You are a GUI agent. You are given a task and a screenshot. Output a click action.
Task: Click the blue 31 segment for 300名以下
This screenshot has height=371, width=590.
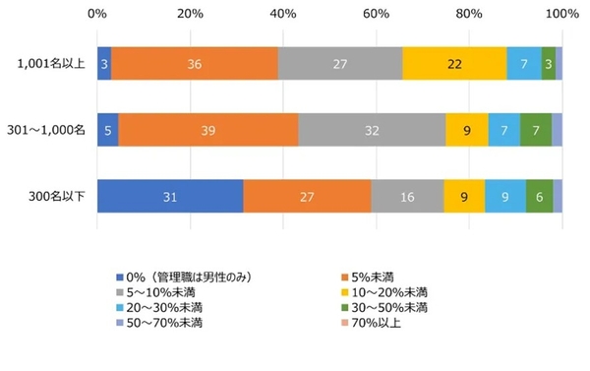[170, 196]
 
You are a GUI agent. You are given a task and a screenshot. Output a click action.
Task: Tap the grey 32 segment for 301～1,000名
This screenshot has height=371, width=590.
[372, 129]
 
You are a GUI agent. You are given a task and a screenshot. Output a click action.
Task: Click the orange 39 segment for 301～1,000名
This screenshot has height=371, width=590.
[208, 129]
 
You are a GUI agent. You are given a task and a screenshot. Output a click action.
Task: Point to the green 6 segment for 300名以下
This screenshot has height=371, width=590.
[540, 196]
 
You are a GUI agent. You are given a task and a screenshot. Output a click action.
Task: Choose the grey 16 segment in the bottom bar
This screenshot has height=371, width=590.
[407, 196]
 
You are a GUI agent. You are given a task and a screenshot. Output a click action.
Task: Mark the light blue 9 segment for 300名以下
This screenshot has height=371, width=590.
[505, 196]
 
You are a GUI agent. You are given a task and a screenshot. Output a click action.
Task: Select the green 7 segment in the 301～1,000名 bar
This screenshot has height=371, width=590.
[536, 129]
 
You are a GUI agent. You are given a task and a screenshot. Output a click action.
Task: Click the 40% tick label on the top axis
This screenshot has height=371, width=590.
[283, 14]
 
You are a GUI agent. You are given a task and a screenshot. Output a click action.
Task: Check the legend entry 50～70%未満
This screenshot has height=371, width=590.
[164, 322]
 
